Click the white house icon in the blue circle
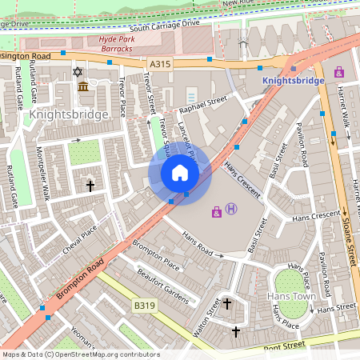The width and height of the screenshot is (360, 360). tap(180, 172)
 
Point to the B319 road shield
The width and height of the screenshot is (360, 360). tap(144, 306)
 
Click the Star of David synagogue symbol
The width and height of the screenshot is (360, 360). tap(78, 72)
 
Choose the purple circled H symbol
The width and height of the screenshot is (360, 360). tap(231, 210)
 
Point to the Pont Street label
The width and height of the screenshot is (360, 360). tap(284, 345)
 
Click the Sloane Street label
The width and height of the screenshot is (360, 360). tap(349, 237)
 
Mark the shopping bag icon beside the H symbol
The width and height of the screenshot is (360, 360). tap(216, 211)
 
